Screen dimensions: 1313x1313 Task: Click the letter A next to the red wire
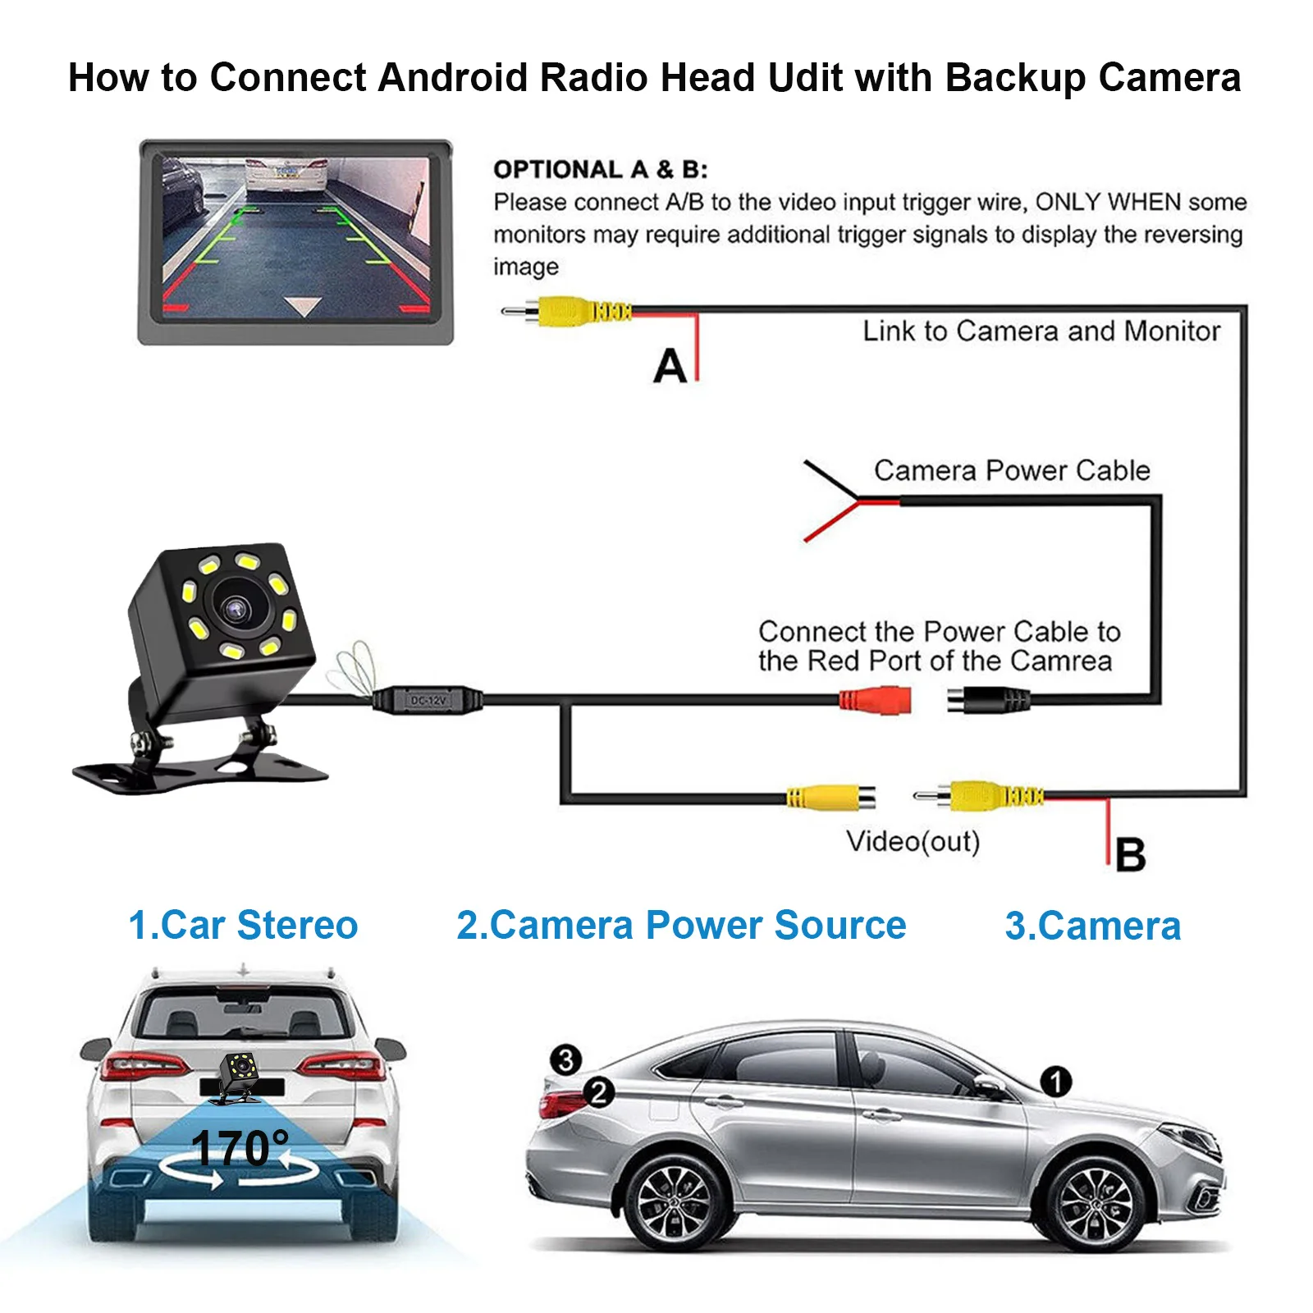tap(670, 365)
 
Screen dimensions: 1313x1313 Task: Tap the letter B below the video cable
tap(1130, 854)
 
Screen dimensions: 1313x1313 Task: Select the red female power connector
tap(875, 700)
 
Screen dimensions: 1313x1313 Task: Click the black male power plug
tap(987, 701)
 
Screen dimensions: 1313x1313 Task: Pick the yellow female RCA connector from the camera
tap(830, 796)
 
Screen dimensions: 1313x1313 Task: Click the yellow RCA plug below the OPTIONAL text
tap(566, 311)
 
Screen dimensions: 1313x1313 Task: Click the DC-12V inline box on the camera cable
tap(428, 700)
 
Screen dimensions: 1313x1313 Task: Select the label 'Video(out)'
tap(913, 841)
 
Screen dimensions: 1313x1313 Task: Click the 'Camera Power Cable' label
tap(1012, 470)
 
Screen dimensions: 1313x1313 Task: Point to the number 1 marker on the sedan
tap(1055, 1081)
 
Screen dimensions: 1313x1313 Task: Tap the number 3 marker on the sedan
tap(565, 1059)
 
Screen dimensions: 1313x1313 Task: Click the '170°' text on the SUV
tap(240, 1148)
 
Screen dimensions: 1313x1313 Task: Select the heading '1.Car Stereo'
tap(243, 925)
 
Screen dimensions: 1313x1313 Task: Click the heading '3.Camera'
tap(1093, 926)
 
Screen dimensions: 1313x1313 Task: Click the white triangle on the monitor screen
tap(303, 307)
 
